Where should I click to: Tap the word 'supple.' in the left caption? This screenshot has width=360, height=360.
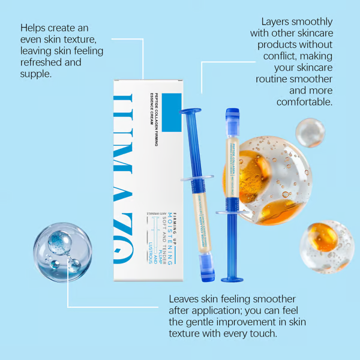pos(37,74)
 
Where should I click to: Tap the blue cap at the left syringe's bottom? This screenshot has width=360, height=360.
pos(207,274)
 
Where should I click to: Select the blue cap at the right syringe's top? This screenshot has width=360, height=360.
pos(232,116)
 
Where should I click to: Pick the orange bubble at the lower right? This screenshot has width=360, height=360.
pos(325,246)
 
